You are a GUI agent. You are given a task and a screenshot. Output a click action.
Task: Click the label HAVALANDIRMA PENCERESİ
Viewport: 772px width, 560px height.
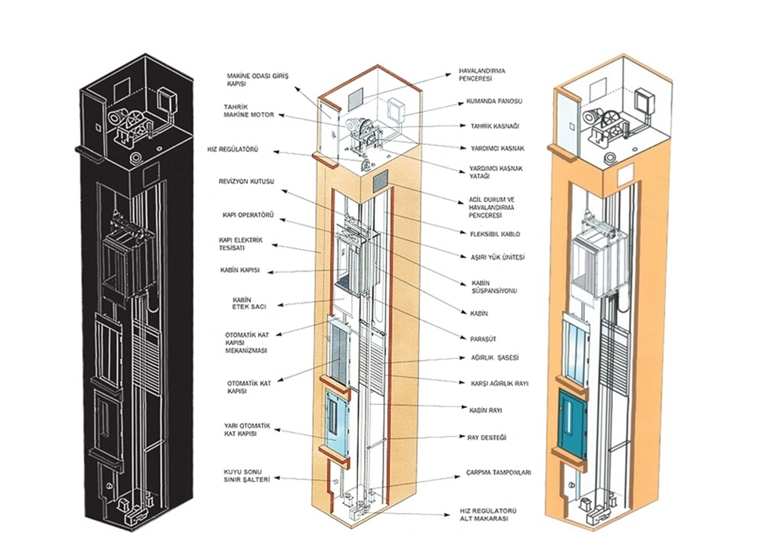tap(475, 75)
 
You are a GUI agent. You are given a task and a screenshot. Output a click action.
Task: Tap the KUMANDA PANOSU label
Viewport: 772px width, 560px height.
tap(494, 101)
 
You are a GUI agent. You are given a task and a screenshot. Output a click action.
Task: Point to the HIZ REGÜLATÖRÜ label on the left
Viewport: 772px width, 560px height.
tap(232, 149)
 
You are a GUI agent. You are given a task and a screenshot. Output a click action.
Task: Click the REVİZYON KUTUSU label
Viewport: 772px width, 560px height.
tap(246, 182)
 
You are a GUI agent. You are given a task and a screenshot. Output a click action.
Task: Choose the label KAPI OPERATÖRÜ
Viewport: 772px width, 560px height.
tap(248, 216)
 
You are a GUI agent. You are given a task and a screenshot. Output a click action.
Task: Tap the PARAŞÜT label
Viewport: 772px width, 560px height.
tap(484, 339)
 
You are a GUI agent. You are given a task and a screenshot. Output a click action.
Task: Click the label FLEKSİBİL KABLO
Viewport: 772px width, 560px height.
tap(495, 235)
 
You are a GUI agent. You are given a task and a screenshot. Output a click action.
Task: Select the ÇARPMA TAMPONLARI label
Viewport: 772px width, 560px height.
tap(498, 473)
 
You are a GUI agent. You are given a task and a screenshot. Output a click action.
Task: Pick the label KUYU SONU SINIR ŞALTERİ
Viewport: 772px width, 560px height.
tap(247, 475)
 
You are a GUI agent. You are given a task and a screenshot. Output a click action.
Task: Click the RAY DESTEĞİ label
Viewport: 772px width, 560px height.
tap(487, 437)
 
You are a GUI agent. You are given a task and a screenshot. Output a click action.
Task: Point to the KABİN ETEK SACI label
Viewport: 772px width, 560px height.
tap(249, 303)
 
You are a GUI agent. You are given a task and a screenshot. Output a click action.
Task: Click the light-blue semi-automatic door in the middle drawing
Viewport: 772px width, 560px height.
tap(337, 422)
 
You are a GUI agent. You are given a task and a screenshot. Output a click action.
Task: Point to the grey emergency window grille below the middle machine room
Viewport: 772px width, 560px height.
tap(380, 182)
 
